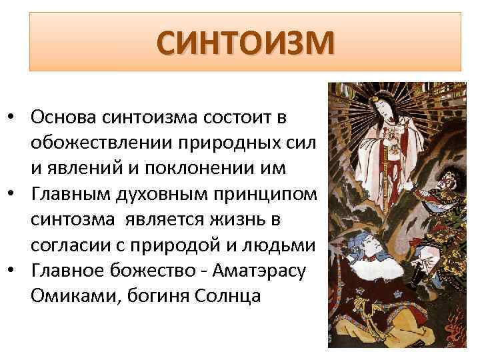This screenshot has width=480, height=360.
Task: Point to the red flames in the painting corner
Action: coord(461,327)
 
